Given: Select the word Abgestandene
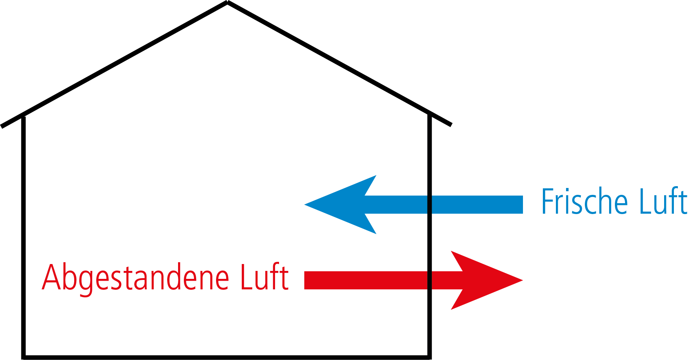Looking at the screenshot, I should click(135, 277).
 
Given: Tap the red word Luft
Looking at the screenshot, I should click(265, 277).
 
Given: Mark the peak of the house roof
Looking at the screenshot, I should click(227, 3).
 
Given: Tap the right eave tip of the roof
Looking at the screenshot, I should click(450, 125).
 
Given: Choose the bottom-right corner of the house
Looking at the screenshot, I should click(430, 357).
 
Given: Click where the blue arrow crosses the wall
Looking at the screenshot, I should click(430, 205).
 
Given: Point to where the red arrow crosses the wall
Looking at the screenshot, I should click(430, 280).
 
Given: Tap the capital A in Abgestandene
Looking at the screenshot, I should click(51, 277).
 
